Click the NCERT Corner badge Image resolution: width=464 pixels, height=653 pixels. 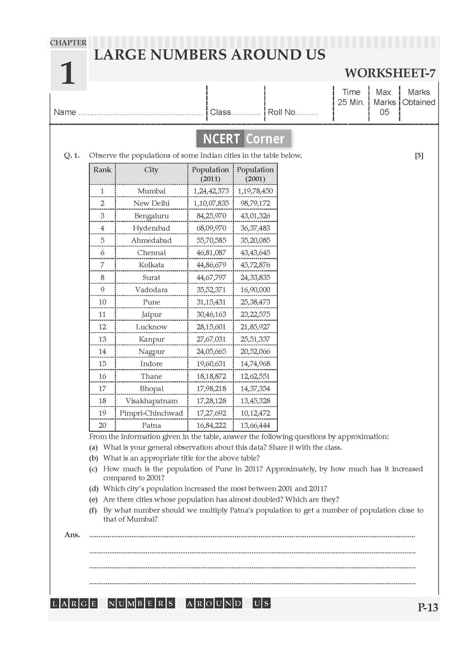[244, 139]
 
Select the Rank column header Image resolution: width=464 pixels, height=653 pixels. [102, 170]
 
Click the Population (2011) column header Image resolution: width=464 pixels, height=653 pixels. [210, 174]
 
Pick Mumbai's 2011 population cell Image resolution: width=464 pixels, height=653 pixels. [211, 191]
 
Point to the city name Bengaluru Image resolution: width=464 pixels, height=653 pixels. [151, 216]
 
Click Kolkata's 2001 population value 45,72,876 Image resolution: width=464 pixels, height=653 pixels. [255, 265]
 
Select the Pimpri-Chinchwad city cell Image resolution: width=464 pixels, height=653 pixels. [151, 413]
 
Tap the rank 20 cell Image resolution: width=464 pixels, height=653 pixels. [102, 426]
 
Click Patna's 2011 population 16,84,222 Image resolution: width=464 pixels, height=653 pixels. [211, 426]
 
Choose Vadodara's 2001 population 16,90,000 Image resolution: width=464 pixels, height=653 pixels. [255, 290]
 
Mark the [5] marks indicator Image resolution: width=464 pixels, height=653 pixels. [419, 155]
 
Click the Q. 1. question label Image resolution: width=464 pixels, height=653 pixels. [72, 155]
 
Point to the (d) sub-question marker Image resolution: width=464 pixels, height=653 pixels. [93, 489]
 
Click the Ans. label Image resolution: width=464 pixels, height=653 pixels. [72, 535]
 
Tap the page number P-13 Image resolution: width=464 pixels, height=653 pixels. [428, 607]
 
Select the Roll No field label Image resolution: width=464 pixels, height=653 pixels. [281, 112]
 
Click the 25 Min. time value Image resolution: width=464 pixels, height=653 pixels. [351, 102]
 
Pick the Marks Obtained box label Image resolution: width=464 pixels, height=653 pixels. [419, 97]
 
